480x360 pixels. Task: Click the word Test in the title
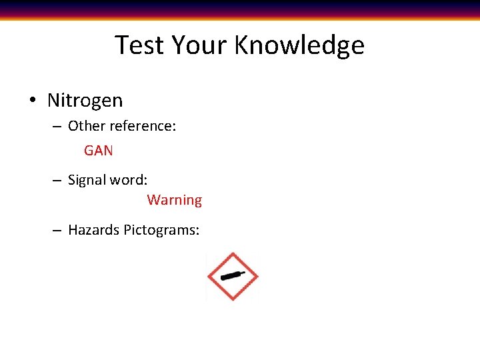click(x=140, y=45)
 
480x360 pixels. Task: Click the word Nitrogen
click(x=85, y=101)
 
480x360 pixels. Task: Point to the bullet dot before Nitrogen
click(x=32, y=101)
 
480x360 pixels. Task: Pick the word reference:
click(x=143, y=126)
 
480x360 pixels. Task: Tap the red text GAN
click(x=99, y=151)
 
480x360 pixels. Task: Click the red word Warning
click(x=174, y=200)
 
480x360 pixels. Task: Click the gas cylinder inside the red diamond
click(x=232, y=276)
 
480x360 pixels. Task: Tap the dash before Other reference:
click(x=57, y=127)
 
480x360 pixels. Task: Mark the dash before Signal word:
click(x=57, y=181)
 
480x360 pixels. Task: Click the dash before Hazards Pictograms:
click(x=57, y=231)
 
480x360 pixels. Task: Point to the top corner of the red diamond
click(x=232, y=253)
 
